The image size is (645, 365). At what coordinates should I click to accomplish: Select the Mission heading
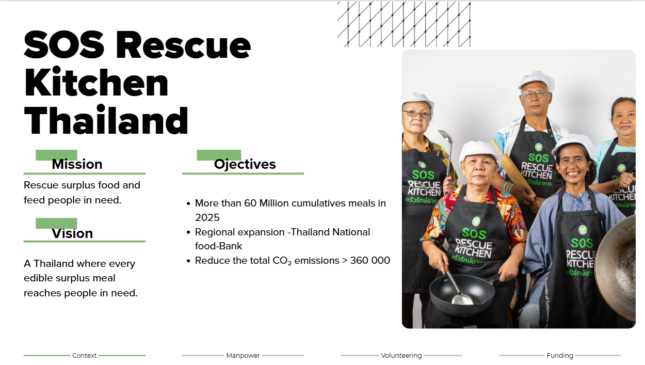tap(77, 164)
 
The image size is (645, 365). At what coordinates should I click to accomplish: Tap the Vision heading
tap(72, 233)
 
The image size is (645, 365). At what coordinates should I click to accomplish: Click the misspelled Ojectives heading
tap(245, 164)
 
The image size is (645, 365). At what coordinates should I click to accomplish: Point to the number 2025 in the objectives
tap(207, 217)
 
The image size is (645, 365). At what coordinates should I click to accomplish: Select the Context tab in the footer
tap(85, 356)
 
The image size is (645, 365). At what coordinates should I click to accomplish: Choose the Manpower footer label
tap(243, 356)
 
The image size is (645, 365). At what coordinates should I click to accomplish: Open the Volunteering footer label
tap(401, 356)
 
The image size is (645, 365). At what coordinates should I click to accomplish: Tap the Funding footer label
tap(560, 356)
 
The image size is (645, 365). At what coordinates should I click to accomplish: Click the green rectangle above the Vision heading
tap(56, 223)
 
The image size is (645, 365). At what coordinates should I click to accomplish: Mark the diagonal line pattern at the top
tap(404, 24)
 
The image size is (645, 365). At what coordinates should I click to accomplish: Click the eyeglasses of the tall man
tap(535, 94)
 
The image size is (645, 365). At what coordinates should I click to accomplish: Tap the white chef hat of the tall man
tap(537, 81)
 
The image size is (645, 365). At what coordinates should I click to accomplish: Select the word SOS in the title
tap(64, 45)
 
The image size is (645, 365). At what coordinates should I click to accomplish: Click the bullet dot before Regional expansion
tap(188, 232)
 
